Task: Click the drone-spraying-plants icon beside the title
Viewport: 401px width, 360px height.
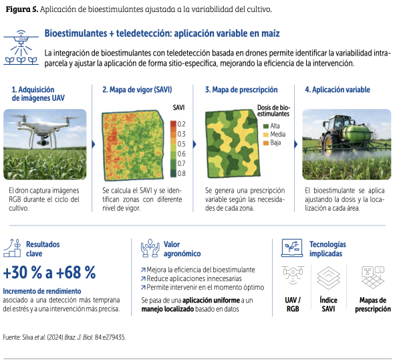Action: click(x=21, y=48)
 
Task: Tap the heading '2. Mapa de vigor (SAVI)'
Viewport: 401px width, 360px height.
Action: click(x=137, y=90)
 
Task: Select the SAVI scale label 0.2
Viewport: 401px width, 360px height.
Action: click(x=181, y=124)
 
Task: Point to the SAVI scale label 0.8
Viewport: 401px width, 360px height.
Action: click(x=181, y=173)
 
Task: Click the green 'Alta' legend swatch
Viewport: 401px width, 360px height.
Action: click(x=266, y=126)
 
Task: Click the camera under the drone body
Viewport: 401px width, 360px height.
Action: click(x=43, y=141)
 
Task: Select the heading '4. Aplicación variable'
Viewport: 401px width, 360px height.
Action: click(x=338, y=90)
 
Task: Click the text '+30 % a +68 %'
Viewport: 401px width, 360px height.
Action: click(x=49, y=272)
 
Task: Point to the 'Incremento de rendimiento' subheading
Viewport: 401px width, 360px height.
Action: click(x=42, y=291)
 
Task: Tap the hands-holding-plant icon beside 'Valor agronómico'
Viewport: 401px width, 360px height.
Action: click(x=150, y=248)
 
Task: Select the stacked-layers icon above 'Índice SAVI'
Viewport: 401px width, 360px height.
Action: click(x=328, y=278)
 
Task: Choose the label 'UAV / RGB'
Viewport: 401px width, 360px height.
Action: click(x=293, y=304)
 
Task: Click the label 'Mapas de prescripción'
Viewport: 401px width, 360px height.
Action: click(x=373, y=304)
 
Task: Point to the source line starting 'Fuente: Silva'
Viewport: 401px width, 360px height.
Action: click(x=64, y=337)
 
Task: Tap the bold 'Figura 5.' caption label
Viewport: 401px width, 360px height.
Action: click(x=22, y=9)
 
